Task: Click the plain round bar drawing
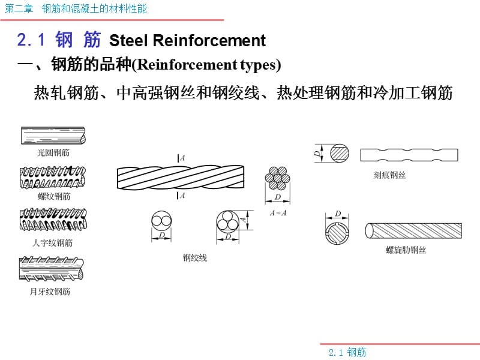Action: click(53, 136)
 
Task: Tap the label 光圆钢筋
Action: click(53, 152)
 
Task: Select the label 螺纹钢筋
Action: click(54, 196)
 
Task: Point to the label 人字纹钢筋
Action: click(53, 243)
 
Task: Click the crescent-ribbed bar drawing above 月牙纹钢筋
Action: click(52, 268)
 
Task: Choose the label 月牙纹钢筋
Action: click(50, 292)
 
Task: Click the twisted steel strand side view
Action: click(181, 177)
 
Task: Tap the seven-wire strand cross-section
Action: click(277, 178)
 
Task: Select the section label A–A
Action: click(278, 213)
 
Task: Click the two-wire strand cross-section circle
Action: click(161, 221)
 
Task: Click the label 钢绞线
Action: click(195, 258)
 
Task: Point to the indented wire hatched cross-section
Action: click(340, 154)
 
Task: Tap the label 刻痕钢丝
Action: click(389, 175)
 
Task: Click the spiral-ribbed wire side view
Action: click(413, 231)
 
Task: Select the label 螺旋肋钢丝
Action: click(406, 250)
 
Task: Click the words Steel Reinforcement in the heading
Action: click(187, 40)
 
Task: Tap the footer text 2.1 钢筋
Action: click(347, 352)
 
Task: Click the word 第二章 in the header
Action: click(19, 8)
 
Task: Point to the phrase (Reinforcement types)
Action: click(206, 65)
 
